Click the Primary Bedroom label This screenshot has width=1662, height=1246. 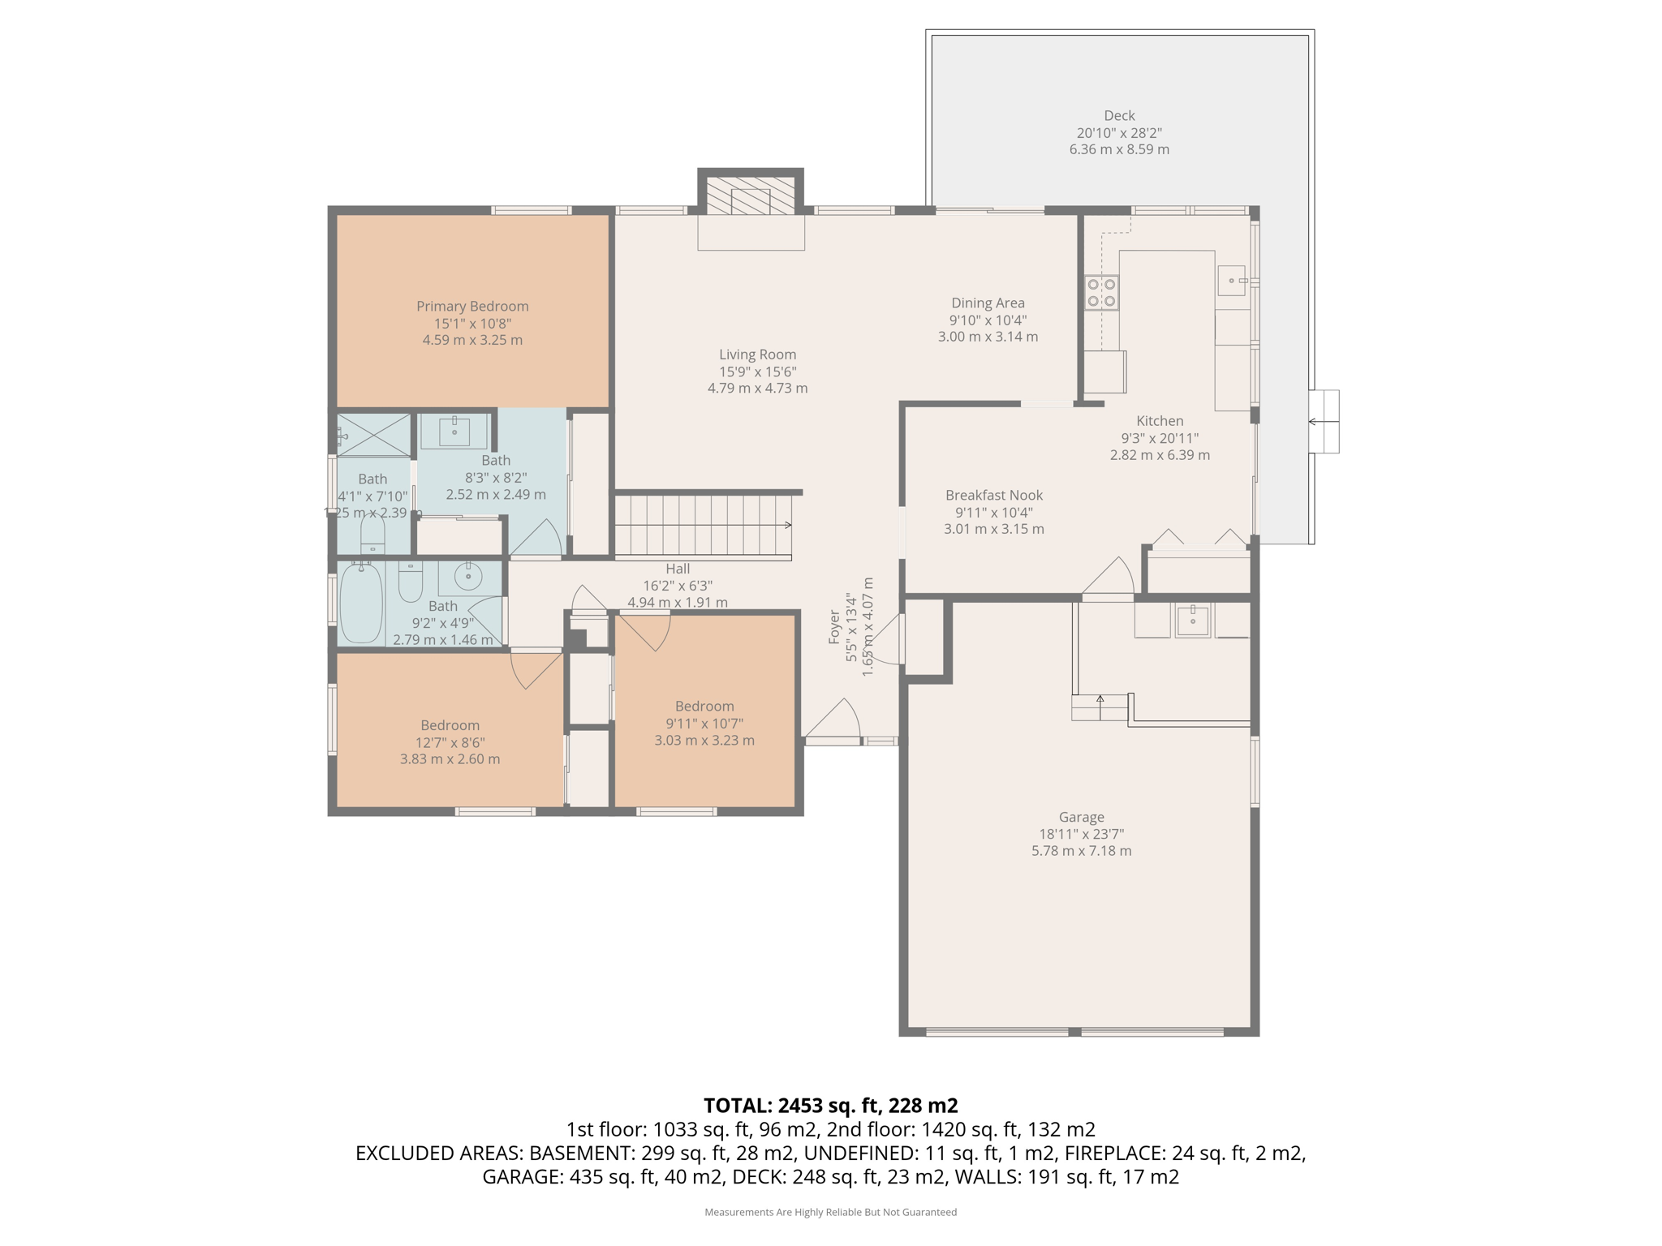click(x=472, y=306)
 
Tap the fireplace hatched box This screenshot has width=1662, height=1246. click(x=751, y=195)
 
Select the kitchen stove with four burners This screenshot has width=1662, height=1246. click(x=1101, y=293)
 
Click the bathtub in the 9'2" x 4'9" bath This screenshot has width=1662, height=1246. click(x=361, y=603)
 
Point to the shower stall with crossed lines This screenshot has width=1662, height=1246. click(x=374, y=435)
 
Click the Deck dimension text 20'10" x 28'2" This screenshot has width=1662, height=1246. click(x=1119, y=133)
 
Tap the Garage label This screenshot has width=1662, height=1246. click(x=1081, y=817)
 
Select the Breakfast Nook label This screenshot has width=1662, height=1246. click(x=993, y=495)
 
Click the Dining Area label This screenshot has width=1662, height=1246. click(x=988, y=303)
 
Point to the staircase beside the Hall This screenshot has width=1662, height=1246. click(x=703, y=525)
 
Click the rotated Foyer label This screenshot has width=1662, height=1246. click(x=834, y=627)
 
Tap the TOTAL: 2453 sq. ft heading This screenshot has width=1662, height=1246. click(x=830, y=1105)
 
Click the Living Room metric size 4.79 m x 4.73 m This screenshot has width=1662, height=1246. click(x=757, y=389)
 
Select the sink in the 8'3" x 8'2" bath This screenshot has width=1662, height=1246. click(x=454, y=432)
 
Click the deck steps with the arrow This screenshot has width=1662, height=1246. click(x=1324, y=422)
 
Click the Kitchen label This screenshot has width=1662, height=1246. click(x=1160, y=420)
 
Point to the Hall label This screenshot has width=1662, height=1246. click(x=678, y=569)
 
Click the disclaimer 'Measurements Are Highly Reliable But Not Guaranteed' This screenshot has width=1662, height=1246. click(x=830, y=1212)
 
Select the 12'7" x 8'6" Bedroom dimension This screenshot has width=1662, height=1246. click(x=450, y=742)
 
